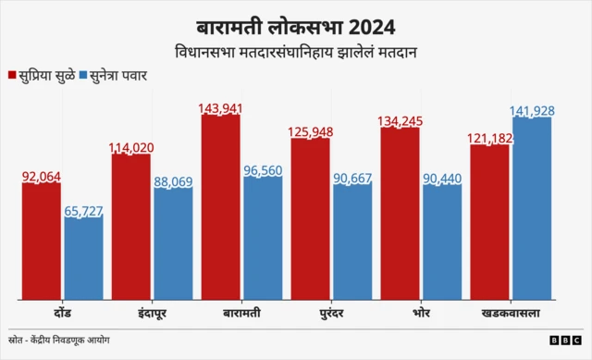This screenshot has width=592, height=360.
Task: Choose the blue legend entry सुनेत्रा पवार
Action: point(120,74)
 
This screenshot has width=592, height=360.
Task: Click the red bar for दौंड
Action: point(42,242)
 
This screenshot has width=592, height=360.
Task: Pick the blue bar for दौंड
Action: point(83,259)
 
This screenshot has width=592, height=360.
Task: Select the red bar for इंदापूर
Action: point(130,228)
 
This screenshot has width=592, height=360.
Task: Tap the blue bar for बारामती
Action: point(263,239)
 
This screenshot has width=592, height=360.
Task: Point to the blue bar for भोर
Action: point(442,242)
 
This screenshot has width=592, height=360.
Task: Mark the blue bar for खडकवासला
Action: point(532,209)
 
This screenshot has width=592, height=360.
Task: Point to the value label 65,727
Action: point(83,211)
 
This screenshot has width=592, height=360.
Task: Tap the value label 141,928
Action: point(532,111)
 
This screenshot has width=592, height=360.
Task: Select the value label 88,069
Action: point(173,182)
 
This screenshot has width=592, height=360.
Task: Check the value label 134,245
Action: point(400,120)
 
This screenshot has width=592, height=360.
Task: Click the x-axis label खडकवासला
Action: point(511,313)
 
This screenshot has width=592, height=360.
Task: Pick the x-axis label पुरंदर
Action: point(331,313)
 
